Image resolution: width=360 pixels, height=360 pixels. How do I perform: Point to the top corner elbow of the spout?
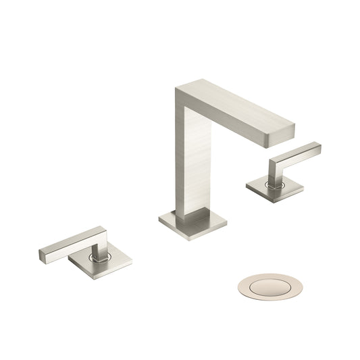pyautogui.click(x=182, y=91)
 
